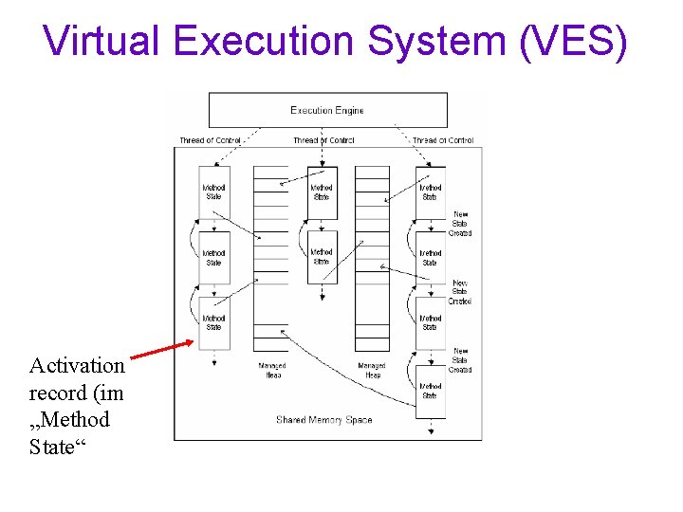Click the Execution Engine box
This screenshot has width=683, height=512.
[x=327, y=110]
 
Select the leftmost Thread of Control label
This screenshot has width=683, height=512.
[x=211, y=140]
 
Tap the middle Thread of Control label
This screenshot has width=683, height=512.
[x=323, y=140]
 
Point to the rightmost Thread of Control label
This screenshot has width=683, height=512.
[x=442, y=140]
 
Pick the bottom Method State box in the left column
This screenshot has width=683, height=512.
[x=214, y=322]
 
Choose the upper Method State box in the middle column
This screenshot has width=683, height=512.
[x=323, y=192]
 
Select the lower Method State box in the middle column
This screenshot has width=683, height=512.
[x=323, y=256]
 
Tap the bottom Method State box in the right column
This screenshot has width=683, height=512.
[x=431, y=391]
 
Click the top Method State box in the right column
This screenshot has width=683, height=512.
[x=431, y=192]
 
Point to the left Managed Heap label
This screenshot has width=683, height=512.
[x=272, y=370]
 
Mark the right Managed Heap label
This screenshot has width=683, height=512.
[x=372, y=370]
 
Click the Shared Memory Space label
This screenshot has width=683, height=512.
[x=323, y=419]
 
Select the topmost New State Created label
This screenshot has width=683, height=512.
[x=460, y=223]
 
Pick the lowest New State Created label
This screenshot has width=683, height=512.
[x=460, y=360]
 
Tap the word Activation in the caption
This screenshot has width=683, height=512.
[x=77, y=365]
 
